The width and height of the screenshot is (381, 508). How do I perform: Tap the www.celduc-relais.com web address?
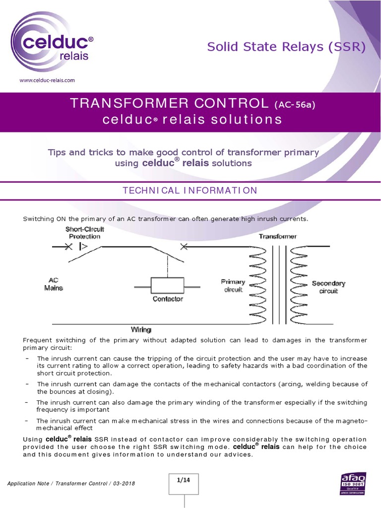point(47,79)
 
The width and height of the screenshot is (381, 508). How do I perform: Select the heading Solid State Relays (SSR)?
point(286,47)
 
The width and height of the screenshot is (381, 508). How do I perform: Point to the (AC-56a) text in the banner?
point(295,105)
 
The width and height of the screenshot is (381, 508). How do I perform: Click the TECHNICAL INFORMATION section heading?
point(190,190)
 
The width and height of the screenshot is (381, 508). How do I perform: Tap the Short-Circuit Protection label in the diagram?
point(84,233)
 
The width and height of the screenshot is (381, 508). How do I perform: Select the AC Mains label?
point(54,284)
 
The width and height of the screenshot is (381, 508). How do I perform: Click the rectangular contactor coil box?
point(168,286)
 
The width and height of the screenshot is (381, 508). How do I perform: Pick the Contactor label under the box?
point(168,299)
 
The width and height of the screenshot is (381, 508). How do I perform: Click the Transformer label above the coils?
point(278,236)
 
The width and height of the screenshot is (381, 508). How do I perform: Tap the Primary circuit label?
point(233,286)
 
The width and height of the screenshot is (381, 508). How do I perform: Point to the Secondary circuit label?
point(328,287)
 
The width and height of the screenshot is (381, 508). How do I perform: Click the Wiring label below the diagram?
point(141,329)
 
